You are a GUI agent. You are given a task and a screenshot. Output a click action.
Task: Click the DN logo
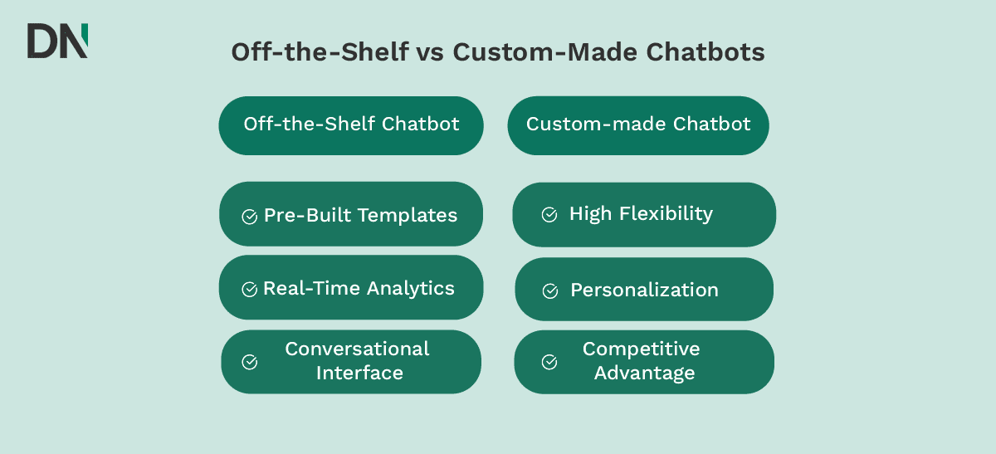56,41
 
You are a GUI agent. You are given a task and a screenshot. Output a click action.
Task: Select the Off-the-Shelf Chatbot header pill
351,124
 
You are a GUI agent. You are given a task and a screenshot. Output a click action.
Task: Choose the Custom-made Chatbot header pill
638,124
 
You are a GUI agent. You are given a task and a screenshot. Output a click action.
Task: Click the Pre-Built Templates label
360,216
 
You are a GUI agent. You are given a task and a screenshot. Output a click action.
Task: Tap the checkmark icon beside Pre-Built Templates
249,217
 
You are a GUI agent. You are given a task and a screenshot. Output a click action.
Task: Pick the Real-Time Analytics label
359,289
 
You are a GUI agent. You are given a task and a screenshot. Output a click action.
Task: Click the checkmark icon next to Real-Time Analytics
249,290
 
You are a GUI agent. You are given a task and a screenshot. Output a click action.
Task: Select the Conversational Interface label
358,361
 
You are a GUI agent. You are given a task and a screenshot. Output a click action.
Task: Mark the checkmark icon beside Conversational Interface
249,362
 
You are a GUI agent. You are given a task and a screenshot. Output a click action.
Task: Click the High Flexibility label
641,214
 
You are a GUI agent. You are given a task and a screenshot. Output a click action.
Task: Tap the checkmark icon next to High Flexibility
549,215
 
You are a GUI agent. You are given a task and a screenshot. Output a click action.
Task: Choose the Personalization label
644,290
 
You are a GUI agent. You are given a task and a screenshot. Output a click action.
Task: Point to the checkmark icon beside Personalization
549,291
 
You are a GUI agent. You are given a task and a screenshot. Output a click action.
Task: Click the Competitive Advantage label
643,361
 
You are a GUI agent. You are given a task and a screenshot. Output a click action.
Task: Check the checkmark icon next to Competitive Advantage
549,362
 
